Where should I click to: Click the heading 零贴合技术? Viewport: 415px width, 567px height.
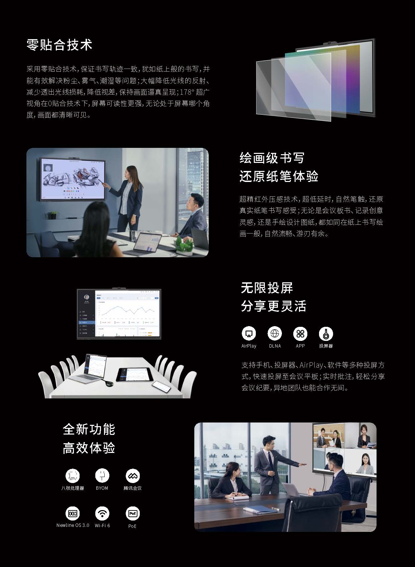59,45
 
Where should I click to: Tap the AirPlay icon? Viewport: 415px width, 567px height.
248,333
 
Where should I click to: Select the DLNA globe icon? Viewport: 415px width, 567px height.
275,333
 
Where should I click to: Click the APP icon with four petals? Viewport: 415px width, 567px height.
300,333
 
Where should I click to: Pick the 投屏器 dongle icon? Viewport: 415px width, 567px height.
326,333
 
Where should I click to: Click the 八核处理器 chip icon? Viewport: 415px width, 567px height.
73,475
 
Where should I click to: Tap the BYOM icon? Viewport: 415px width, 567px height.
102,475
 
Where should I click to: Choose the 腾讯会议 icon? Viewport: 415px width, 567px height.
132,475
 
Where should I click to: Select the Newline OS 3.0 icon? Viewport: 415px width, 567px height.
73,513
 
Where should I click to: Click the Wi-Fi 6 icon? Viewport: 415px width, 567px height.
102,513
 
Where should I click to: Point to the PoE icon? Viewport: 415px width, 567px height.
132,513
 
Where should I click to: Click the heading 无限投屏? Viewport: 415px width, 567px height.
267,288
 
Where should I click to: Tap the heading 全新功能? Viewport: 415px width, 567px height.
89,429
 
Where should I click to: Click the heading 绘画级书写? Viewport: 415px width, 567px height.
272,158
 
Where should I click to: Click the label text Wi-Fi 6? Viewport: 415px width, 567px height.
102,526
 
